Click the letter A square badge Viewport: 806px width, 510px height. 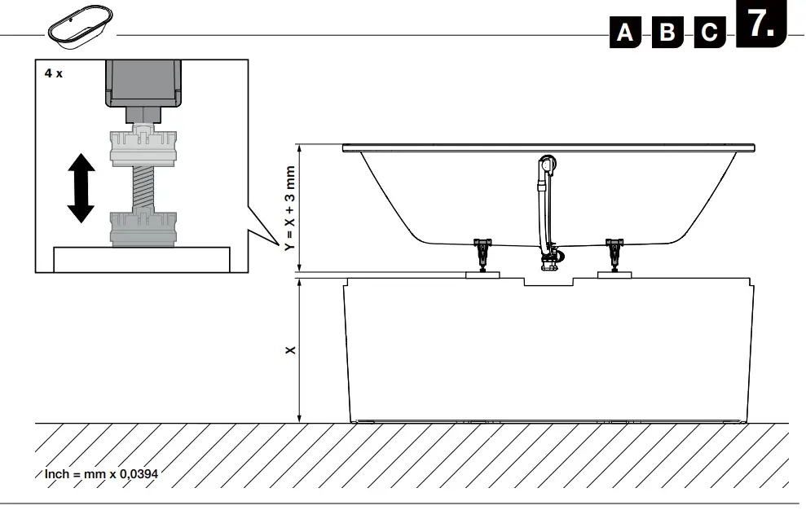point(625,32)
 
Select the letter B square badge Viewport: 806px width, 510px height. point(667,32)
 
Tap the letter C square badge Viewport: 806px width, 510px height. point(710,32)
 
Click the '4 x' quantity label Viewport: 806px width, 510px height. point(53,73)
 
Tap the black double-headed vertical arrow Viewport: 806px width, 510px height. point(81,189)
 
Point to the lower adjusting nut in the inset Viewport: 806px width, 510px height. point(143,228)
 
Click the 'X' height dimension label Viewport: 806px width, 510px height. point(290,350)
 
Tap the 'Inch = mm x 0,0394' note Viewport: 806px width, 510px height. point(100,473)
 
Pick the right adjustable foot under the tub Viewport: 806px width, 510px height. point(614,252)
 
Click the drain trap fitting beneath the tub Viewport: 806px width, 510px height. point(549,260)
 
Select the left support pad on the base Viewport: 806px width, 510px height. point(483,275)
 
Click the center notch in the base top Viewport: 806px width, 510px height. point(548,282)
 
